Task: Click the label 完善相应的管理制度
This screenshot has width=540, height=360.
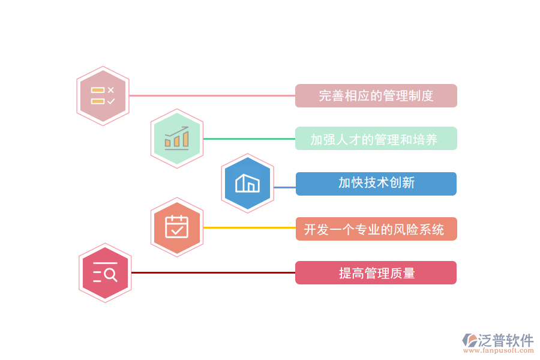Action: [x=376, y=96]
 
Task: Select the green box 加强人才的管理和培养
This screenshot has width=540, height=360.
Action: [x=376, y=139]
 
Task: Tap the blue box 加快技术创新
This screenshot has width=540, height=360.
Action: [x=376, y=184]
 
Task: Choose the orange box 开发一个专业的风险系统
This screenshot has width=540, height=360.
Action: [x=376, y=229]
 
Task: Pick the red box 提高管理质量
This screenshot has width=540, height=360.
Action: [x=376, y=273]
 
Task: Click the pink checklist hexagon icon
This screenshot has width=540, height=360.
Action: [x=103, y=96]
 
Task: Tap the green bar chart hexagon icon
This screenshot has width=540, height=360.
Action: [x=177, y=139]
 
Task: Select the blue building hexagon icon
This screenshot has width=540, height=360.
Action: [x=247, y=183]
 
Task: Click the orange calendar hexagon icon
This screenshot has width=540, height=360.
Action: [x=177, y=227]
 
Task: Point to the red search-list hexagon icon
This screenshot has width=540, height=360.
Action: [x=105, y=273]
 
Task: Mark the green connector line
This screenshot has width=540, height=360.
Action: [x=249, y=139]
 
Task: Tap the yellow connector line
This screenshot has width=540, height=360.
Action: [x=249, y=227]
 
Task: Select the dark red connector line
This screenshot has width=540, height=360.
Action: [x=213, y=272]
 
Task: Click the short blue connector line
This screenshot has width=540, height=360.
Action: [x=284, y=187]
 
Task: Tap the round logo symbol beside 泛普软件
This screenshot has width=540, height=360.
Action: [x=469, y=340]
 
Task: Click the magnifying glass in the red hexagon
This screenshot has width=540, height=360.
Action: [x=110, y=275]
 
